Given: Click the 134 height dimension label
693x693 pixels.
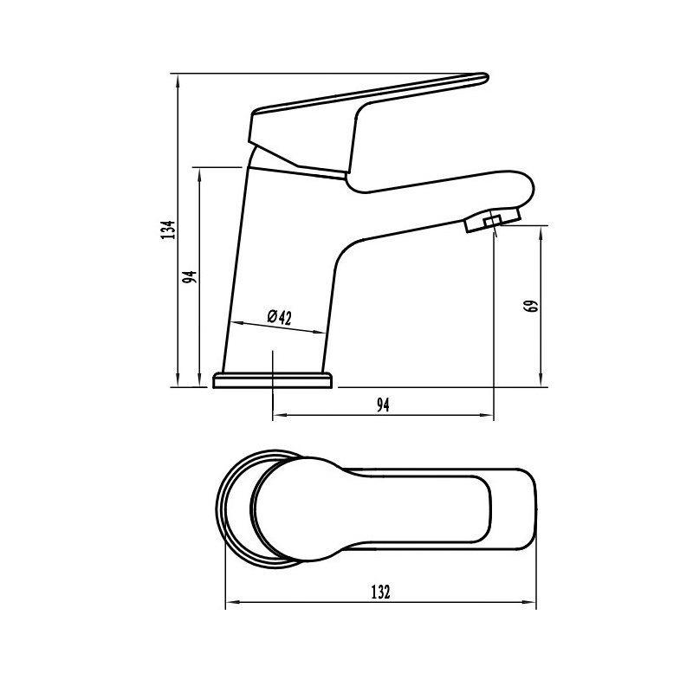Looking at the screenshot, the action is (168, 230).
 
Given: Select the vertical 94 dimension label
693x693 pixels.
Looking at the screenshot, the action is (191, 277).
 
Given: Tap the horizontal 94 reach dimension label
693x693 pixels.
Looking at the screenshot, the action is (383, 405).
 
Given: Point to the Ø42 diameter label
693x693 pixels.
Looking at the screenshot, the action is (280, 317).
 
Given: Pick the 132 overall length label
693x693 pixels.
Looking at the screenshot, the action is (381, 592).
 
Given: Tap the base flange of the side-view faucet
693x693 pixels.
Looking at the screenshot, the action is (272, 380).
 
